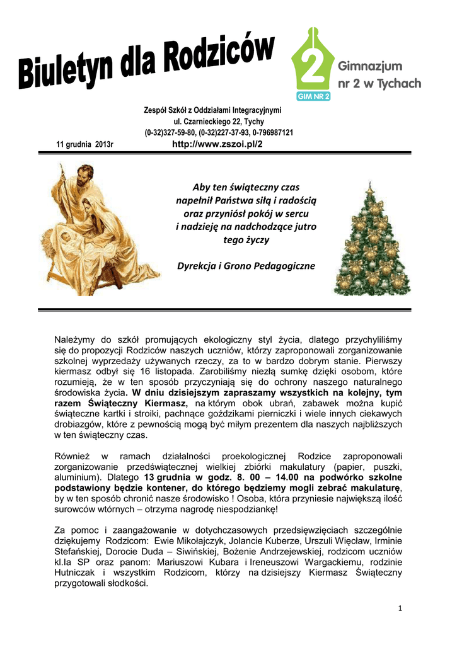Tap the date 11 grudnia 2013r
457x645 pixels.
(84, 145)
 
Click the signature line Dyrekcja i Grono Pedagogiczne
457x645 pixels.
(245, 266)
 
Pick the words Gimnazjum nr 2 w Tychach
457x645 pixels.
(379, 74)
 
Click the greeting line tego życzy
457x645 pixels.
(245, 240)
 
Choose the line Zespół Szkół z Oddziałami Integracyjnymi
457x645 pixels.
(212, 110)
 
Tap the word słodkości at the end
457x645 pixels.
(126, 583)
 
